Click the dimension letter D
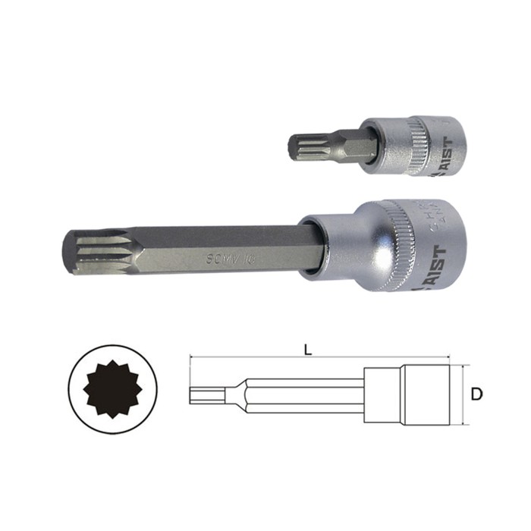[476, 394]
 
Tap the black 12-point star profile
[105, 393]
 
